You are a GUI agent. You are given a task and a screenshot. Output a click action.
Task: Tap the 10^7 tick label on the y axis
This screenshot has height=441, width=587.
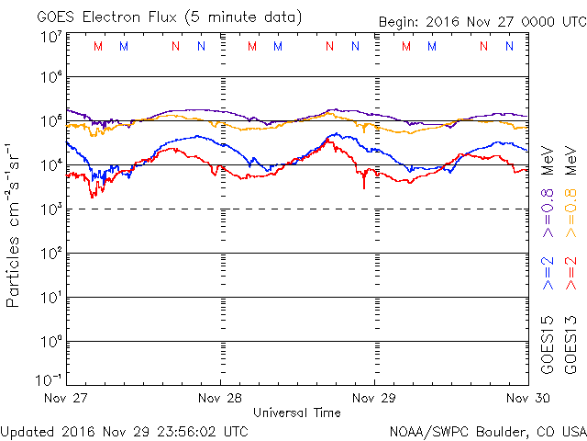coord(50,37)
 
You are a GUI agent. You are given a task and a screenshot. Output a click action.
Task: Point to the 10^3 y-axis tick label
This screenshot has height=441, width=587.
coord(50,209)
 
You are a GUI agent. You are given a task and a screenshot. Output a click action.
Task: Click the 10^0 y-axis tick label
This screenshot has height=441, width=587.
coord(50,342)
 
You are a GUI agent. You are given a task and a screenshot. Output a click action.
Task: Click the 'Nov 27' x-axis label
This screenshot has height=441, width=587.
coord(65,398)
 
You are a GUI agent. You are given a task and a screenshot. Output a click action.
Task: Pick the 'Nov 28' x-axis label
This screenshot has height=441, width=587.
coord(220,398)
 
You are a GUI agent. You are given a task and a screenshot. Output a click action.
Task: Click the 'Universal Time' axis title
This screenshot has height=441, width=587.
coord(297,413)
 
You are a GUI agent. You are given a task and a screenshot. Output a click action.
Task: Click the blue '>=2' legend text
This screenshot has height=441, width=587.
coord(548,273)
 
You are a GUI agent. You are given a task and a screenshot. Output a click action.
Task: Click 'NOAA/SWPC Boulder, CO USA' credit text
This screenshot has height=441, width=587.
coord(487,431)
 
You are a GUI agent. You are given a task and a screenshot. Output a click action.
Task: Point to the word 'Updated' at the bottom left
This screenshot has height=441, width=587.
coord(31,431)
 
